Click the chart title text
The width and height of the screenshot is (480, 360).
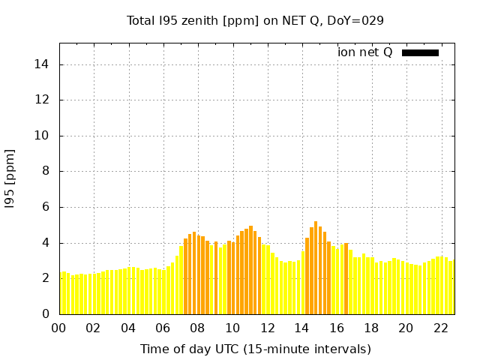(x=255, y=20)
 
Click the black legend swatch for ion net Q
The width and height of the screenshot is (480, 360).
(x=420, y=52)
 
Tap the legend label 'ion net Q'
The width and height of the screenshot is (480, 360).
(x=364, y=52)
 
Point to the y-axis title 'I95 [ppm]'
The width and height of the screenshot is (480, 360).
(x=10, y=178)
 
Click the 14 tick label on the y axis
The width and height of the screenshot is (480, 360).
(x=43, y=64)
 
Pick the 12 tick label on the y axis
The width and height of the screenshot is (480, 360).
(x=43, y=100)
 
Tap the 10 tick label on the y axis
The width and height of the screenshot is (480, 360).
(x=43, y=136)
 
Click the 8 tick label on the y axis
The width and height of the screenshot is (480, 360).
(x=46, y=171)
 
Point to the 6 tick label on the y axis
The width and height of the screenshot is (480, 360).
(x=46, y=207)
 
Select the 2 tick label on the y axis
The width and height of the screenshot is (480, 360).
(x=46, y=278)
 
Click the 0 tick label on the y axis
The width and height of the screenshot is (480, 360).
(x=46, y=314)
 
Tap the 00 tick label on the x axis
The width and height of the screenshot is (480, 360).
(x=59, y=328)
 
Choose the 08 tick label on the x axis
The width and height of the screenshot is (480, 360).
(x=198, y=328)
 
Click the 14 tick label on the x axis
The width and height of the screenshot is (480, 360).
(x=301, y=328)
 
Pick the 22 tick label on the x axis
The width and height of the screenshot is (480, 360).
(x=440, y=328)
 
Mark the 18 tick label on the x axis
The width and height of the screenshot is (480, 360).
(x=370, y=328)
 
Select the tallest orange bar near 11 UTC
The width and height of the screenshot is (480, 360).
(x=250, y=270)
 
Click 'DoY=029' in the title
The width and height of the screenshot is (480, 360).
(x=359, y=20)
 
